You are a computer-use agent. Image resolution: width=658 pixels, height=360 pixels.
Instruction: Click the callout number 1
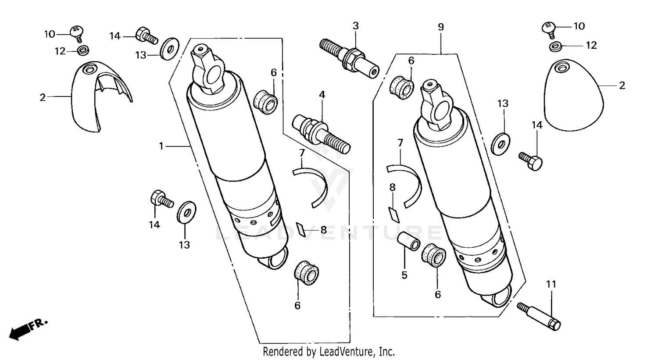point(161,146)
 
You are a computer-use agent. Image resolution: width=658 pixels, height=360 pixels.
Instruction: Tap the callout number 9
point(440,27)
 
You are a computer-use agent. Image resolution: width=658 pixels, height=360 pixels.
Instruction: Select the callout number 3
point(355,26)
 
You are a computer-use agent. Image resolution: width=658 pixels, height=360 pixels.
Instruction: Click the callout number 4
point(322,95)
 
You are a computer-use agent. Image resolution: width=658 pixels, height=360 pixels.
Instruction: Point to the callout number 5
point(404,275)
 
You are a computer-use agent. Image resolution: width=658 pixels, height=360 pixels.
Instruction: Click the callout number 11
point(551,284)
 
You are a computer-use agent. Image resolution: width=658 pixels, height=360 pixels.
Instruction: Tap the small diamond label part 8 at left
point(301,228)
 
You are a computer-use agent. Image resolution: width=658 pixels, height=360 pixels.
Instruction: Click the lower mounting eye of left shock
point(273,260)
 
